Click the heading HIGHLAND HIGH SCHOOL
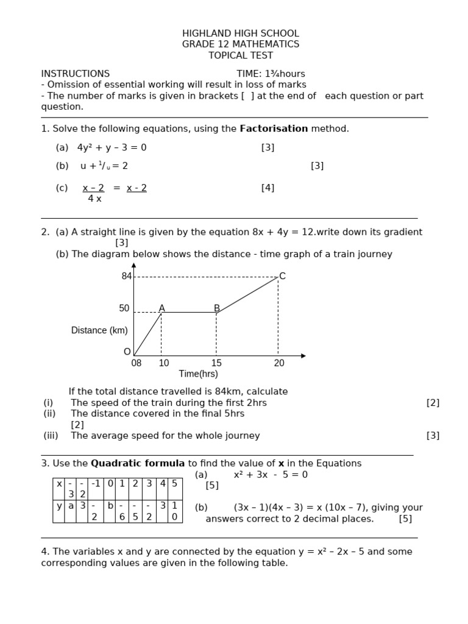point(241,34)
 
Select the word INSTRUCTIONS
point(76,74)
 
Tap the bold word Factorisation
point(274,129)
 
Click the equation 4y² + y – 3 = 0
point(112,147)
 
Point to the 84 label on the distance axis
point(127,276)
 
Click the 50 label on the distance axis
point(124,308)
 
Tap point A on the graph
point(161,308)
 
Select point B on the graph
point(216,308)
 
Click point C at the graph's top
point(282,276)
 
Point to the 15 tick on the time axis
point(216,363)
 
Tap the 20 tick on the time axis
point(278,363)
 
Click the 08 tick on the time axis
point(136,363)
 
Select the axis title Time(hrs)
point(198,374)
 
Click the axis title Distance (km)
point(99,330)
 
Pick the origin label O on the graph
point(127,352)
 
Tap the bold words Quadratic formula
point(138,463)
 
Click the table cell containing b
point(110,506)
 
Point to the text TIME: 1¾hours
point(271,74)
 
